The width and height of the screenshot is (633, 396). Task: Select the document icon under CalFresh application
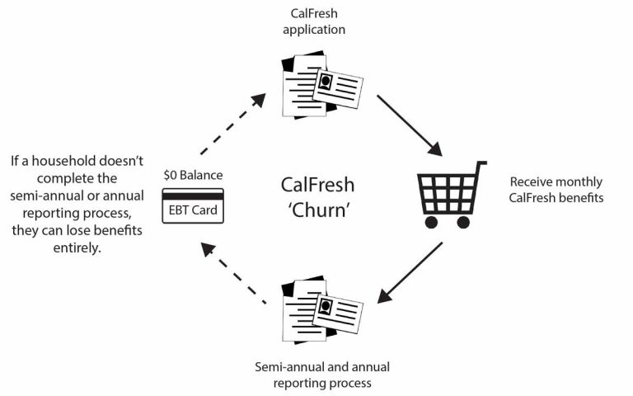coord(321,84)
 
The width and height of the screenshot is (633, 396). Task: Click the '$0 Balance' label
coord(193,176)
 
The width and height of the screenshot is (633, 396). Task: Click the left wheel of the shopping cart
coord(431,222)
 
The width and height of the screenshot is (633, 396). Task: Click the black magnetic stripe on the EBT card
coord(193,196)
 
